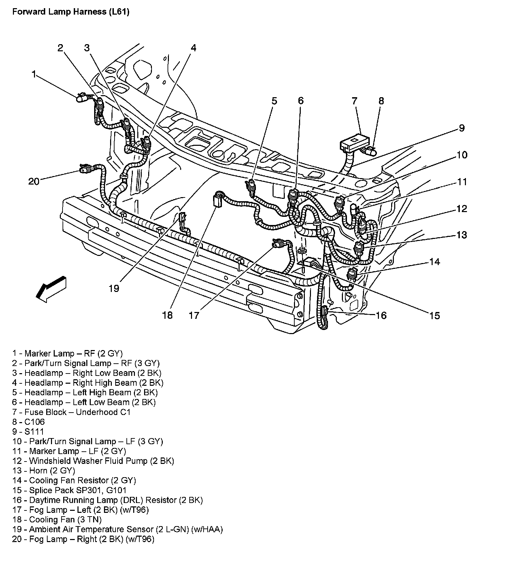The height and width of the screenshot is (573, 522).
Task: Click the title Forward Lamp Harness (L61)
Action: click(x=71, y=12)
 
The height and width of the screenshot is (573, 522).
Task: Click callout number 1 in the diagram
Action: click(x=34, y=74)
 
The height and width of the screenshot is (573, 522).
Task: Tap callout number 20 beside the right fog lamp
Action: click(x=34, y=181)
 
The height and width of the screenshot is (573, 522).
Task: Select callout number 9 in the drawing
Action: click(x=462, y=128)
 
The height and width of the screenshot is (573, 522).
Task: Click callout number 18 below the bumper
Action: click(x=167, y=315)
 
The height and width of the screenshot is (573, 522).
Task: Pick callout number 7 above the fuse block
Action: click(x=354, y=101)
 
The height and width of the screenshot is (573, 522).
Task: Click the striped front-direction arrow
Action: click(x=51, y=289)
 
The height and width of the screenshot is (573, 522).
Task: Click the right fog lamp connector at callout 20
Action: click(x=85, y=169)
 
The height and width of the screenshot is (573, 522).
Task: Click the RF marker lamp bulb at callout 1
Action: click(x=81, y=99)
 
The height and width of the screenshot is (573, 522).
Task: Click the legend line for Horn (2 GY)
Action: click(x=43, y=471)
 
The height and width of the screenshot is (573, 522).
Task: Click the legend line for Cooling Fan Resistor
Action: click(x=74, y=481)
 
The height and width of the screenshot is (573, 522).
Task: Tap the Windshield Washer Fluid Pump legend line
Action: click(x=93, y=461)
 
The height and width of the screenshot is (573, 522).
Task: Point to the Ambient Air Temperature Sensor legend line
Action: click(x=117, y=529)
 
